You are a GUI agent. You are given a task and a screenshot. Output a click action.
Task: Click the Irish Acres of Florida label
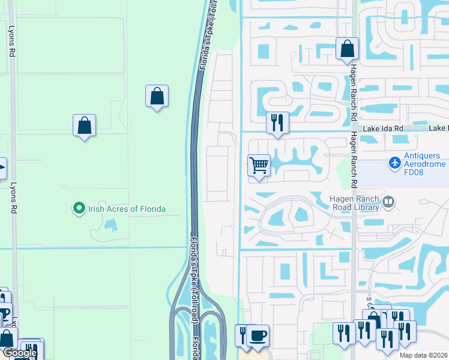point(127,209)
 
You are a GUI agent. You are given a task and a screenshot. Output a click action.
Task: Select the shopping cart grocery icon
point(259,164)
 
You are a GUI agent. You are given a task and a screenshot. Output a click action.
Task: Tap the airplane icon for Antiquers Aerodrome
point(394,162)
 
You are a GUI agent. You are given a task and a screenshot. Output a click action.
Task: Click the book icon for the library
point(389,202)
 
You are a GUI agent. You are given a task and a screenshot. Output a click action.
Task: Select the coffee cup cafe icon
point(258,335)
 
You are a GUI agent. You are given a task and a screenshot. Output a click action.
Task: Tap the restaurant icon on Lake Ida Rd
point(277,122)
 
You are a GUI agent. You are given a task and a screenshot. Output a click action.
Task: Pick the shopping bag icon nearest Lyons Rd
point(85,125)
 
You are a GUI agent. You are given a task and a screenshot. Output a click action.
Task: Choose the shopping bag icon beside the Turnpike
point(157,95)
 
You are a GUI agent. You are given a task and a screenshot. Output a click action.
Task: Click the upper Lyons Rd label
point(11,40)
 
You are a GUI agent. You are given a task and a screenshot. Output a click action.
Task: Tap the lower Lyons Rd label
point(13,198)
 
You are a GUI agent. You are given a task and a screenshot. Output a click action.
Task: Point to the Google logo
point(19,353)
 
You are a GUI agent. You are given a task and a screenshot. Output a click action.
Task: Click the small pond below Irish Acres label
point(110,225)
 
